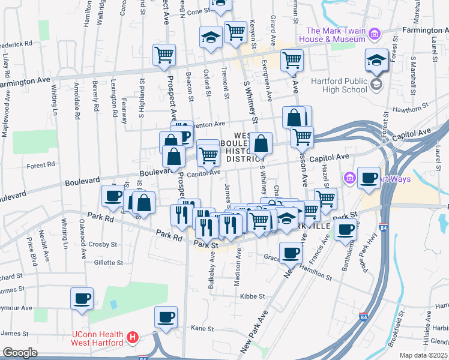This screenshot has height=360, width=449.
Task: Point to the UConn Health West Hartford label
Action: [x=97, y=338]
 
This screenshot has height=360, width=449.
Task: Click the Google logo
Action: [x=20, y=353]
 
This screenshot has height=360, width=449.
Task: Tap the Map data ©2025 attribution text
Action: [x=423, y=355]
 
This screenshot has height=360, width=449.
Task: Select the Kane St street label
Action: [x=202, y=329]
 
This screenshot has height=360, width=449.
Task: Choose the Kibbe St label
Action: [x=253, y=296]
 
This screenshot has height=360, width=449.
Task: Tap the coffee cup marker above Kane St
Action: [x=166, y=317]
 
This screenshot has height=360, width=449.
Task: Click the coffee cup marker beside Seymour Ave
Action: [x=82, y=298]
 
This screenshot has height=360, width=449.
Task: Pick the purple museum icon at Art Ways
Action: [x=349, y=178]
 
